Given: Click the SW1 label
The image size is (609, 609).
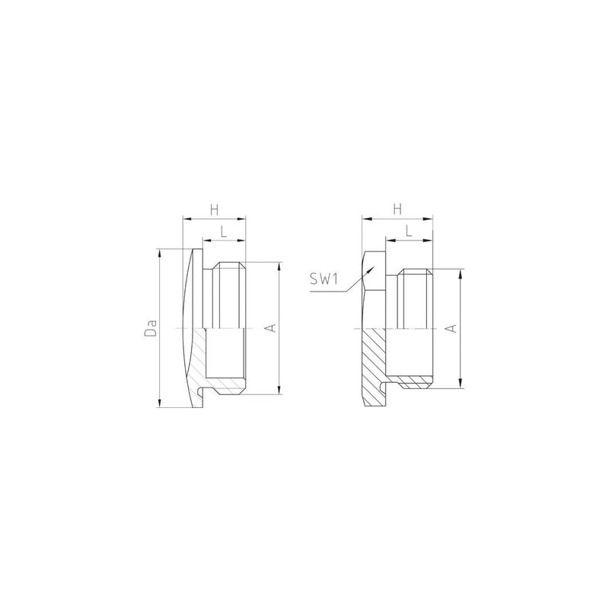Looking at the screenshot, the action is click(324, 279).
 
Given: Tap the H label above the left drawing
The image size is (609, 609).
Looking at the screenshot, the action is click(215, 210).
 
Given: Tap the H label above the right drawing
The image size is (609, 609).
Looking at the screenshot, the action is click(397, 210).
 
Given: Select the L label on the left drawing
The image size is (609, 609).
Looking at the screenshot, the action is click(224, 232).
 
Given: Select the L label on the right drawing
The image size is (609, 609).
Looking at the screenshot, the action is click(409, 231).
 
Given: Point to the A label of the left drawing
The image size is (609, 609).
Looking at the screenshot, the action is click(273, 328).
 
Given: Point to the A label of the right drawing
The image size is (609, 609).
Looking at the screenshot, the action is click(451, 328).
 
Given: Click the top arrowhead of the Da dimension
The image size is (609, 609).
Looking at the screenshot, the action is click(159, 250).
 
